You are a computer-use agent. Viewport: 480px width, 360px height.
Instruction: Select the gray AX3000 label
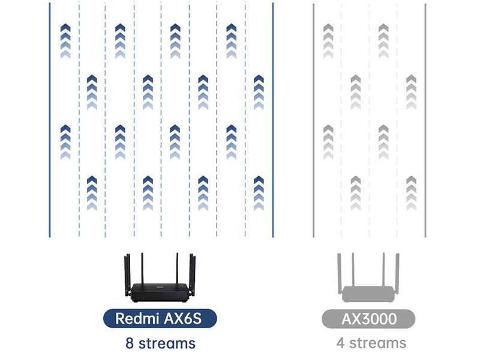tap(368, 319)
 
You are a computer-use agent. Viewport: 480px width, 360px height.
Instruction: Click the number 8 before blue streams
tap(130, 343)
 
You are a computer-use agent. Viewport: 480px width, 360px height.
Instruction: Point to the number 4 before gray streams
tap(340, 343)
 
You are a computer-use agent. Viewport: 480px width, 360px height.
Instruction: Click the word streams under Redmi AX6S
tap(166, 343)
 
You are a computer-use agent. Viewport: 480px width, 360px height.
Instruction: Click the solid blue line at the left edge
tap(50, 120)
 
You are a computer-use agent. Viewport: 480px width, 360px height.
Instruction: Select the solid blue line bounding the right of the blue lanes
tap(273, 120)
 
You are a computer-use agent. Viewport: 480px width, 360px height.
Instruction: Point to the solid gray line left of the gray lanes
tap(314, 120)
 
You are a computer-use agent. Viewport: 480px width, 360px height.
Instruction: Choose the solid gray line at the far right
tap(425, 120)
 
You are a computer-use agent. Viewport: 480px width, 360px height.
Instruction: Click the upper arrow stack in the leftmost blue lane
tap(65, 41)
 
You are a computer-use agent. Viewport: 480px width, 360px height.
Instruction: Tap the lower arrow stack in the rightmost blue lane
tap(259, 193)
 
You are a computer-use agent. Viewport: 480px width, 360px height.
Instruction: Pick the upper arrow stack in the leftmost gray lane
tap(328, 41)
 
